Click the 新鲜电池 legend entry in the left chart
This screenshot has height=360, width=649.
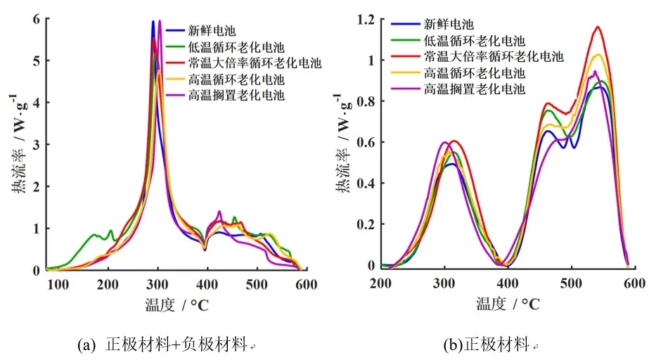(x=212, y=31)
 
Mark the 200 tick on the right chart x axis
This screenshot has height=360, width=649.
(x=380, y=283)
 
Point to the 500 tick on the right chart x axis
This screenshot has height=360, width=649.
(x=570, y=283)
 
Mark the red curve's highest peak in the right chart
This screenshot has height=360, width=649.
(x=598, y=27)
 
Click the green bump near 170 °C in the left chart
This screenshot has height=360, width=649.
(x=93, y=235)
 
